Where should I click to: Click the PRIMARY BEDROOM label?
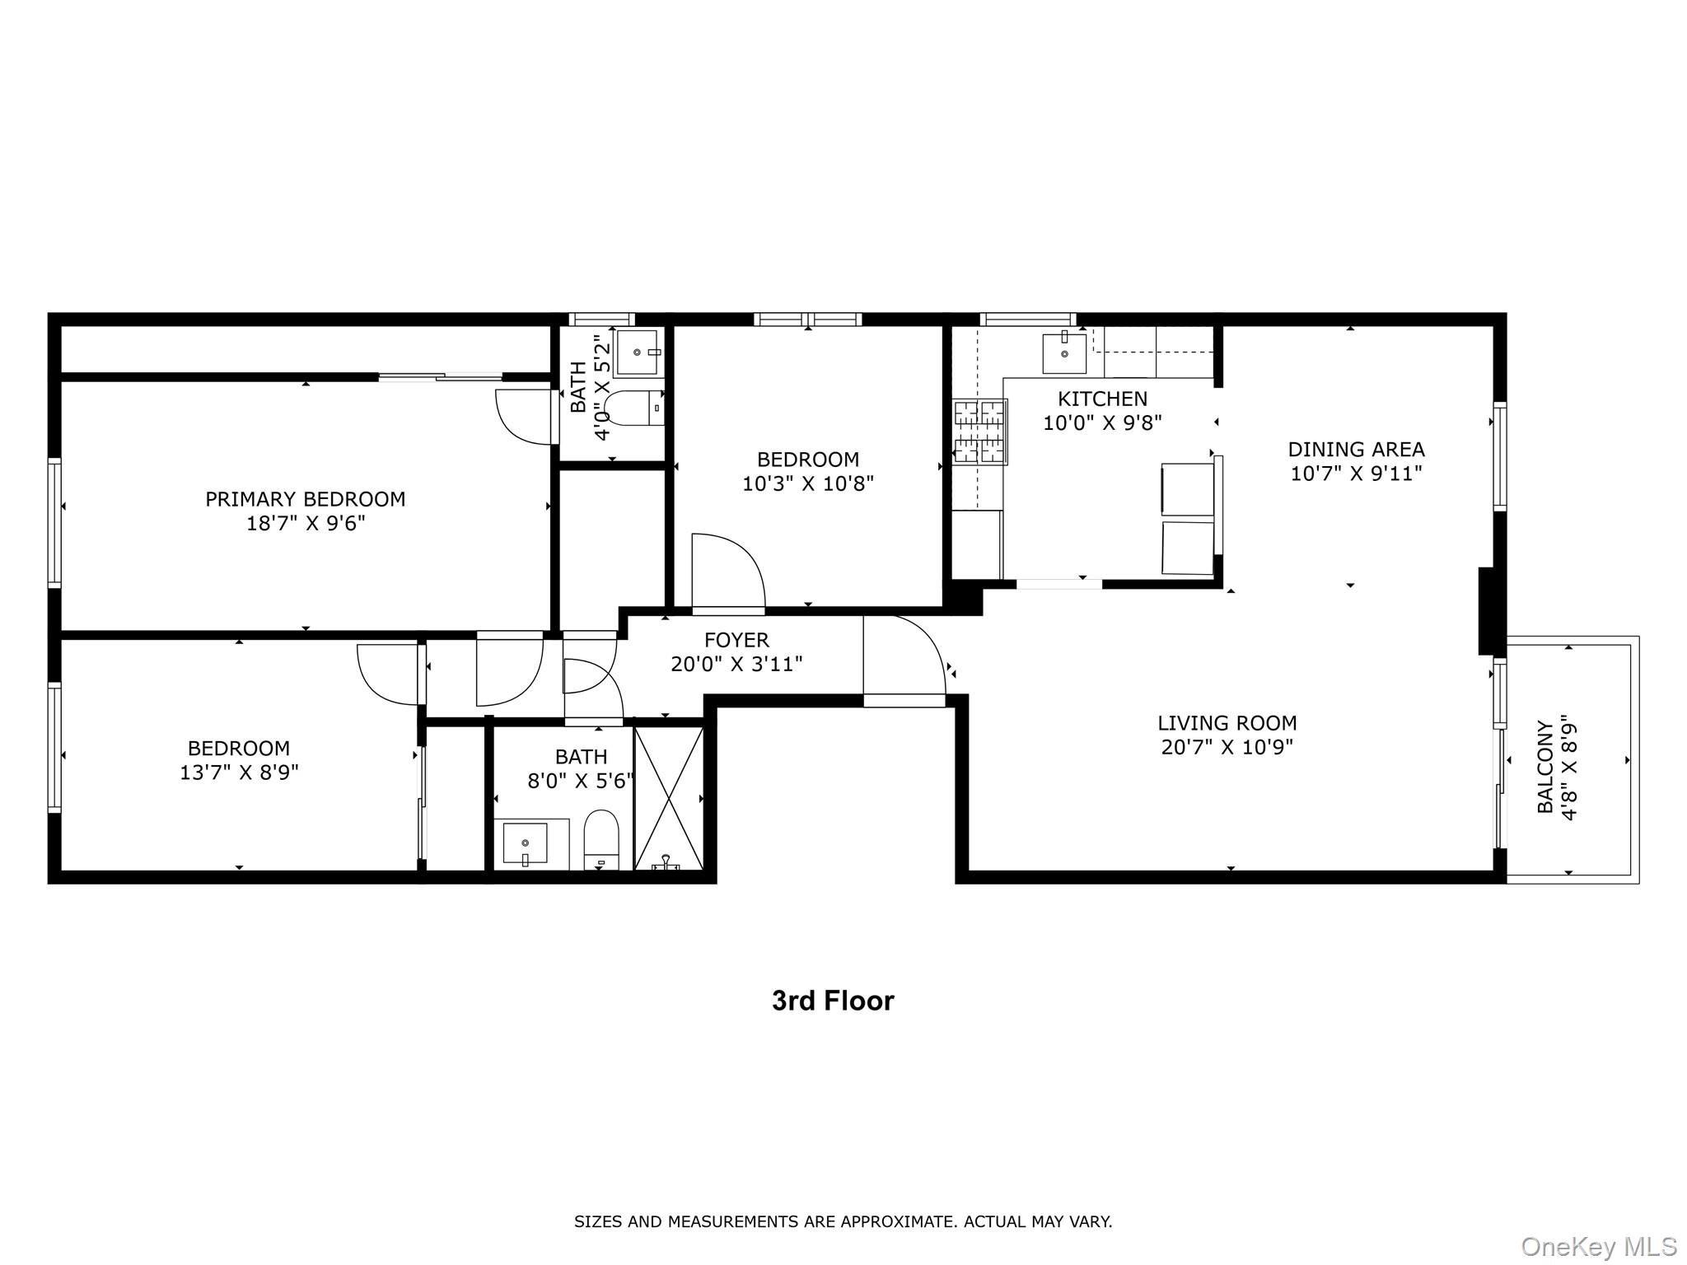click(305, 499)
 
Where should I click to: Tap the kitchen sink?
click(1063, 353)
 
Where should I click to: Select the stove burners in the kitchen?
click(979, 432)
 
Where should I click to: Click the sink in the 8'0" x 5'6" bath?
click(525, 843)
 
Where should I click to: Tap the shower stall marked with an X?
click(668, 798)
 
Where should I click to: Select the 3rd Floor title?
click(833, 1001)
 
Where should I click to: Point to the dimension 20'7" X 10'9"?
click(1227, 747)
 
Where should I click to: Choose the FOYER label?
click(736, 640)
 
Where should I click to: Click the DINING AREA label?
click(1356, 450)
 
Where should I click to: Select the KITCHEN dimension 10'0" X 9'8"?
click(1102, 423)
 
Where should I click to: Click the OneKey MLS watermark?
click(1599, 1247)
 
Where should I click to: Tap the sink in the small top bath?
click(638, 352)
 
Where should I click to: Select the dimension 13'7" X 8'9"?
click(239, 773)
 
